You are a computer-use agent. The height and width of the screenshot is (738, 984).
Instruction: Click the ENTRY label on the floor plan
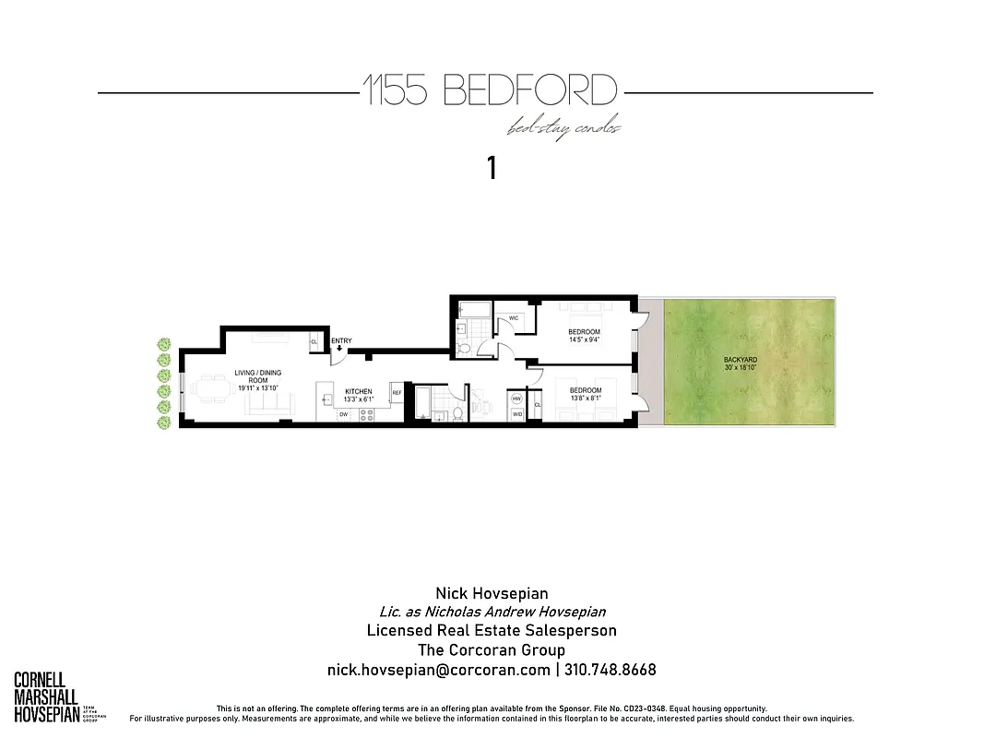click(341, 341)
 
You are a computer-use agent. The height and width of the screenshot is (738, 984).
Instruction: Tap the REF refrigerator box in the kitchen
click(397, 392)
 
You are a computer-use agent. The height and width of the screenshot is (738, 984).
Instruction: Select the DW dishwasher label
click(343, 415)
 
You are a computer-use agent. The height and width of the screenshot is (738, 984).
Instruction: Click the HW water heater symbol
click(516, 399)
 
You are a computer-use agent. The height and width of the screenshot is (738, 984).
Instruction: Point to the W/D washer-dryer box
click(516, 414)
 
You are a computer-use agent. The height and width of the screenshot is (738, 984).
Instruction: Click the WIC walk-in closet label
click(513, 317)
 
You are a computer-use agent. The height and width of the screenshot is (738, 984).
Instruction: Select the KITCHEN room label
click(358, 391)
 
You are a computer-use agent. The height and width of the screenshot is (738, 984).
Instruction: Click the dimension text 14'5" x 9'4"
click(584, 339)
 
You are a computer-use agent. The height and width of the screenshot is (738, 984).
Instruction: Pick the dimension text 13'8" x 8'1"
click(585, 399)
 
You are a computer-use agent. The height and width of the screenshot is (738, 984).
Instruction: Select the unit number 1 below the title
click(492, 168)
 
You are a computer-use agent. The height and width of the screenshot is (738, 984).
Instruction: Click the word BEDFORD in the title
click(529, 91)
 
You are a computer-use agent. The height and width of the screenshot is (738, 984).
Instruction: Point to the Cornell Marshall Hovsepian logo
click(46, 697)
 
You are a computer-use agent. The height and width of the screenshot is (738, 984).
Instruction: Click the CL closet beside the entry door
click(314, 340)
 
